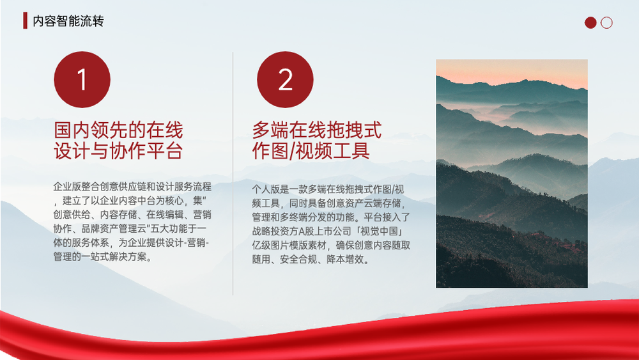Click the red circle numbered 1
tap(82, 79)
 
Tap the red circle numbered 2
tap(285, 79)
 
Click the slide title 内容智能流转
tap(68, 21)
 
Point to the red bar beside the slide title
tap(26, 20)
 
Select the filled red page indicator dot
tap(590, 22)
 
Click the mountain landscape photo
tap(512, 174)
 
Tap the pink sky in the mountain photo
tap(512, 72)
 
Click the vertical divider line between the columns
tap(233, 173)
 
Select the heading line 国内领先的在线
tap(118, 130)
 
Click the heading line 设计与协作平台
tap(118, 150)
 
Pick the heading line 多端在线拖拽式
tap(317, 130)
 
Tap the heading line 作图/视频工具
tap(311, 150)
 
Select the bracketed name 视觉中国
tap(379, 231)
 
